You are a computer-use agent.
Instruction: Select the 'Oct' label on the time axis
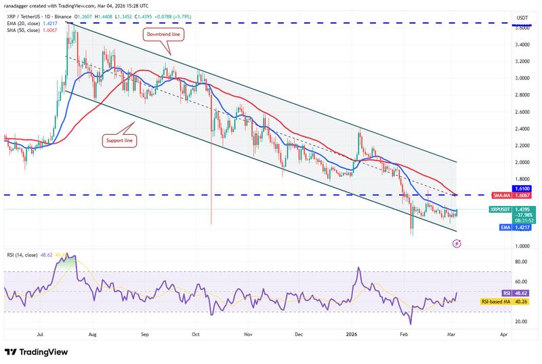(x=195, y=334)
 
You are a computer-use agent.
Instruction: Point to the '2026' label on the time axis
(x=352, y=334)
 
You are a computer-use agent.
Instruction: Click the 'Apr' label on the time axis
(x=503, y=334)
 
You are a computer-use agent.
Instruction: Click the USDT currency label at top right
(x=522, y=17)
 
